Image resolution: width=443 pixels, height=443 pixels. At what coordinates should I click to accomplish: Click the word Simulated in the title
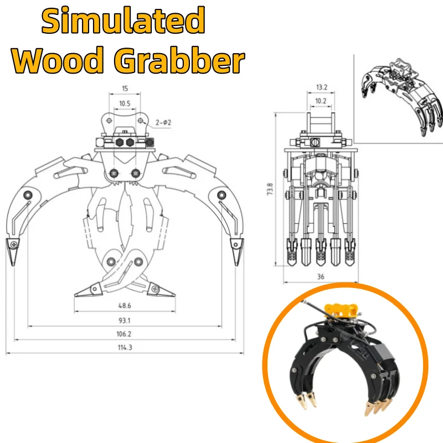click(123, 20)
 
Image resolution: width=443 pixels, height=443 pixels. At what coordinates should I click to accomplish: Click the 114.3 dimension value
click(125, 347)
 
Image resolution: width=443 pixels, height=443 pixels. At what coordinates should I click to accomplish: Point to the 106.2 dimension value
click(123, 334)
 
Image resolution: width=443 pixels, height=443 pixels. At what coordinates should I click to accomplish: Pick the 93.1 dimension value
click(124, 321)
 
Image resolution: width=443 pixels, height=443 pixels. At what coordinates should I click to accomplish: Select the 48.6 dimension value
click(125, 306)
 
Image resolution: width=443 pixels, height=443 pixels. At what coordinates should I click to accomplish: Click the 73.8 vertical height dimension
click(270, 189)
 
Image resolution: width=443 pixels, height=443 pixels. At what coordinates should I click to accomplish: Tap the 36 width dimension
click(321, 276)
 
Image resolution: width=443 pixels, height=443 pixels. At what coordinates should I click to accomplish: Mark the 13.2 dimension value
click(322, 87)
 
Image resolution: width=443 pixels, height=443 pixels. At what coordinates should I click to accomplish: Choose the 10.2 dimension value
click(321, 101)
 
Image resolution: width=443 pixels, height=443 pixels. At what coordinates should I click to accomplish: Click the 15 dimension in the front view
click(125, 89)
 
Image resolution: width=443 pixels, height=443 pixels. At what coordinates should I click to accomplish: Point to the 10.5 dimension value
click(125, 104)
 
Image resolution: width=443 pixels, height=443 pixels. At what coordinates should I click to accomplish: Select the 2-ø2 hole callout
click(163, 122)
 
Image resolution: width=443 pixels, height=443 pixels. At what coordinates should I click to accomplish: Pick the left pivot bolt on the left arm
click(28, 195)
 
